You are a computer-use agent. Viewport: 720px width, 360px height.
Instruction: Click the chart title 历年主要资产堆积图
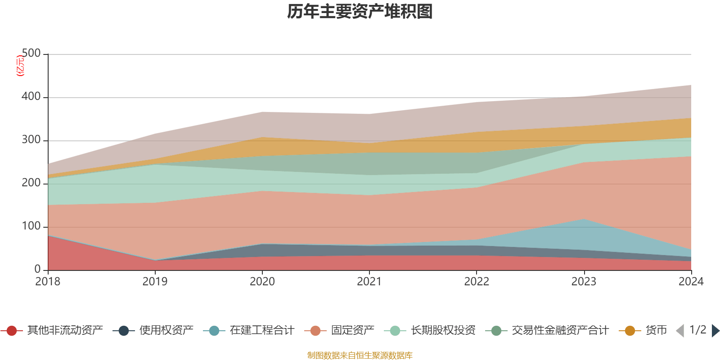point(360,12)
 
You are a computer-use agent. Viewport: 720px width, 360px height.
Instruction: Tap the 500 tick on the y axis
point(31,54)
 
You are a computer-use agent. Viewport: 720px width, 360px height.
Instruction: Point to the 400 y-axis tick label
point(31,97)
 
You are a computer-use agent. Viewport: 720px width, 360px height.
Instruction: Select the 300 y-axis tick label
point(31,140)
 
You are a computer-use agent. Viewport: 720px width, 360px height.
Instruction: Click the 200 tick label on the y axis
point(31,183)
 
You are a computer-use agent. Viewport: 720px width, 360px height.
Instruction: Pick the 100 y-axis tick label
point(31,226)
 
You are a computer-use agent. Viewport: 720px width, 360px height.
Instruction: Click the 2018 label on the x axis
point(48,282)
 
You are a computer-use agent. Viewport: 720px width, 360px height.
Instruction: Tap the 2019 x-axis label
point(155,282)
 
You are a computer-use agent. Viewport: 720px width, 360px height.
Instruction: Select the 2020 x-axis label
point(262,282)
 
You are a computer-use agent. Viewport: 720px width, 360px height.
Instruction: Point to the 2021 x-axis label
point(369,282)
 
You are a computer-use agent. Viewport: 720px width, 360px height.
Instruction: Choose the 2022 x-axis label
point(477,282)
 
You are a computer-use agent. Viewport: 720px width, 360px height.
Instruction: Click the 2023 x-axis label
point(584,282)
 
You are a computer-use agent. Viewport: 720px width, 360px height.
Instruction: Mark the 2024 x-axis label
point(691,282)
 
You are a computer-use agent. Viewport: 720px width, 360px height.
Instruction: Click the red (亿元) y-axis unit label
point(20,66)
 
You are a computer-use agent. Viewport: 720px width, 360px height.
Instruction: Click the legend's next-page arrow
point(715,331)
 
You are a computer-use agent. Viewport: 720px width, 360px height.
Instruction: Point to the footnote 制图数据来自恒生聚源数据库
point(360,355)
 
